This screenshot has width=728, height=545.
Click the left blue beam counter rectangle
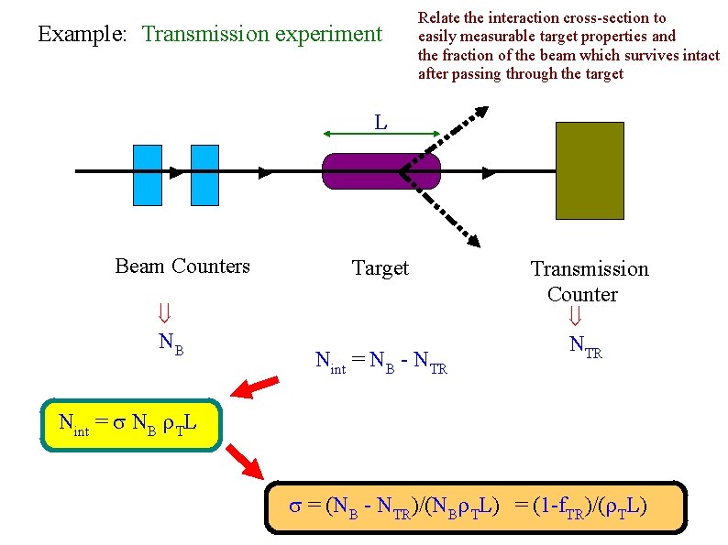(147, 174)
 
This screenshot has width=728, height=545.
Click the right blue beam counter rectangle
(204, 174)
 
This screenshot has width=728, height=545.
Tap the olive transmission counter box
(590, 170)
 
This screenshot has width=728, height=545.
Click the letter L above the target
(381, 122)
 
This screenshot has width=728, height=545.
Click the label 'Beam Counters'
(182, 267)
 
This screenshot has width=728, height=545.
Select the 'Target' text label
(381, 268)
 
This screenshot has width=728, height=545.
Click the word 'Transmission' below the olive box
(590, 269)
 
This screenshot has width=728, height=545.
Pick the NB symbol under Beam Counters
(171, 343)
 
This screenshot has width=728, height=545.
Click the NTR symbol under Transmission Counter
(586, 346)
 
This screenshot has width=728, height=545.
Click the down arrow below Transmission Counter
(575, 317)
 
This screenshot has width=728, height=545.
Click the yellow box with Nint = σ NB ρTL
(132, 425)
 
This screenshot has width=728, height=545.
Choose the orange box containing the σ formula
(475, 507)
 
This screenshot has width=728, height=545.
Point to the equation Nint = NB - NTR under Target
(381, 362)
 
